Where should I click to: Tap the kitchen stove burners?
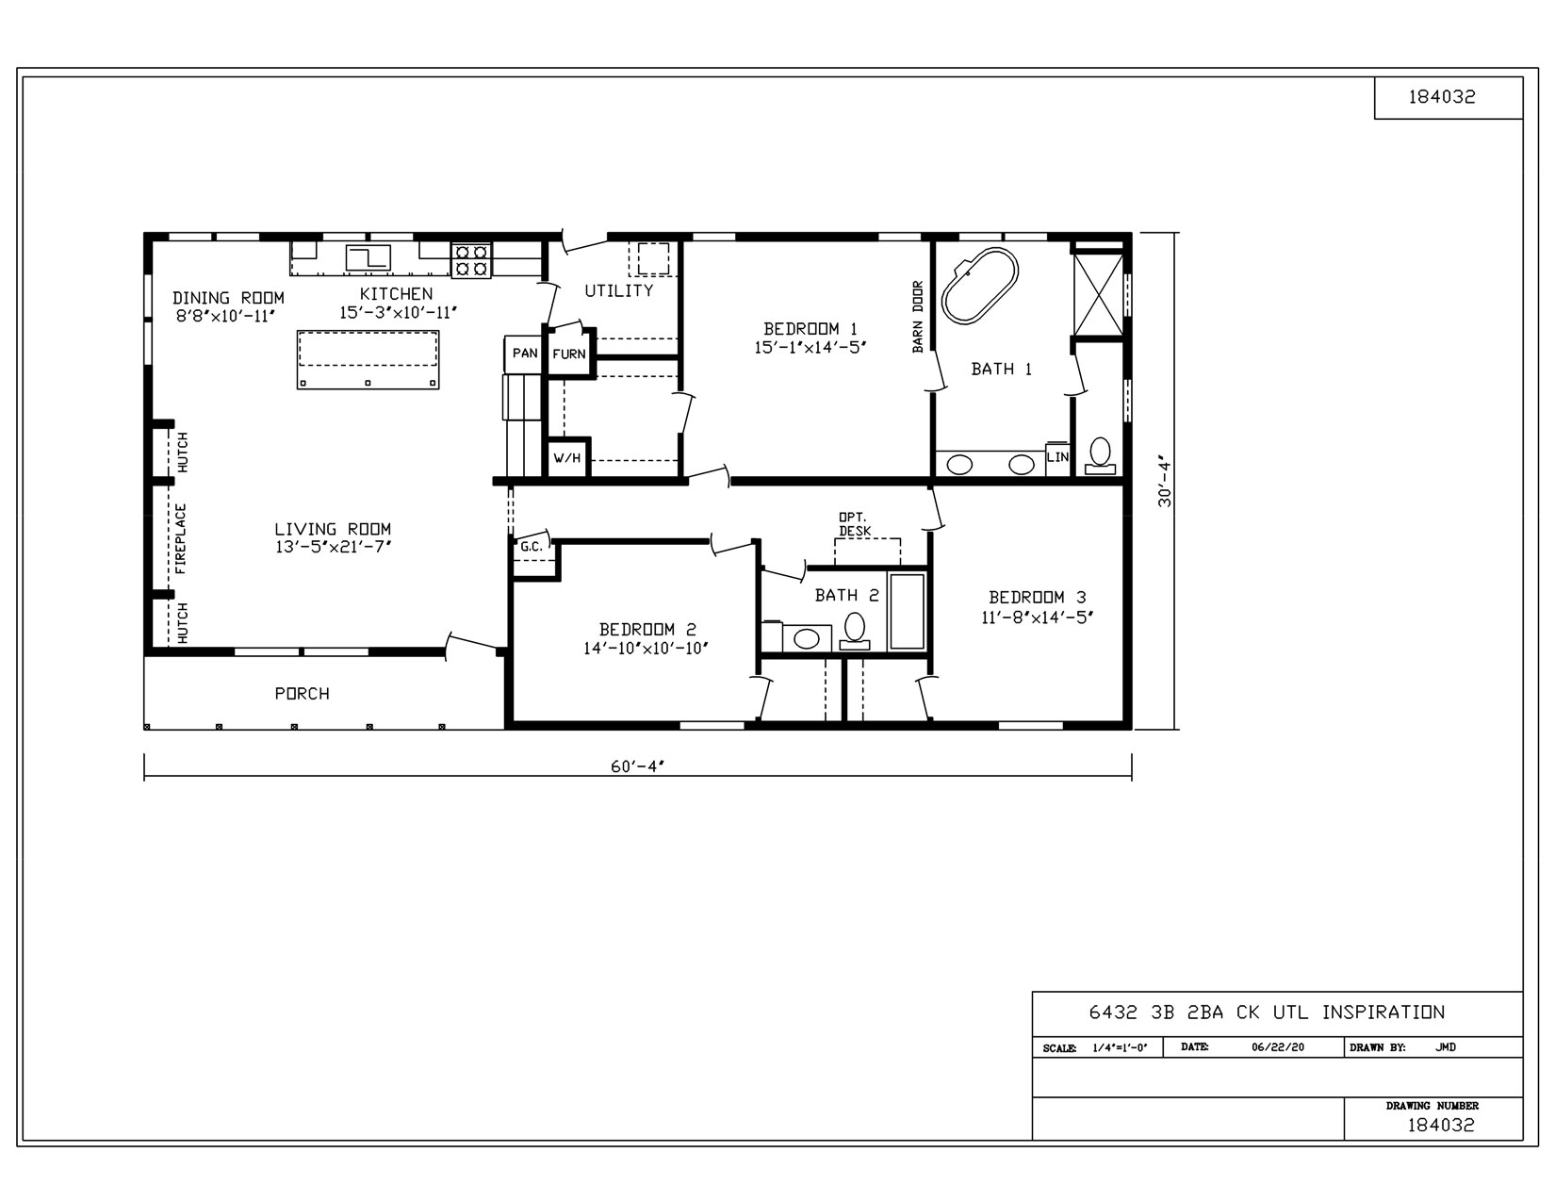pyautogui.click(x=471, y=260)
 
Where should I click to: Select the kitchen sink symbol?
pyautogui.click(x=368, y=257)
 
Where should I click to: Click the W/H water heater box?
pyautogui.click(x=567, y=459)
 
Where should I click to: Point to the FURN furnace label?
pyautogui.click(x=569, y=354)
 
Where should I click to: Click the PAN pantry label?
pyautogui.click(x=525, y=354)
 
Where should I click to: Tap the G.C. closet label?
pyautogui.click(x=531, y=547)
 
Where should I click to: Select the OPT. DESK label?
pyautogui.click(x=855, y=524)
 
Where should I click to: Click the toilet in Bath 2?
pyautogui.click(x=856, y=629)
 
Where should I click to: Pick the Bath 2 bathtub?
pyautogui.click(x=907, y=610)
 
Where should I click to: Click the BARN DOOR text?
pyautogui.click(x=918, y=317)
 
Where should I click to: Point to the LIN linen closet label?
pyautogui.click(x=1057, y=457)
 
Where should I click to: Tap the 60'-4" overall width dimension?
pyautogui.click(x=638, y=766)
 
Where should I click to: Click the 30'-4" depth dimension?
pyautogui.click(x=1166, y=483)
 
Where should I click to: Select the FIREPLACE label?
pyautogui.click(x=181, y=538)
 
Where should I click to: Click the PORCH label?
pyautogui.click(x=302, y=694)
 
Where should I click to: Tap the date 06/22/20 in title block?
pyautogui.click(x=1278, y=1047)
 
